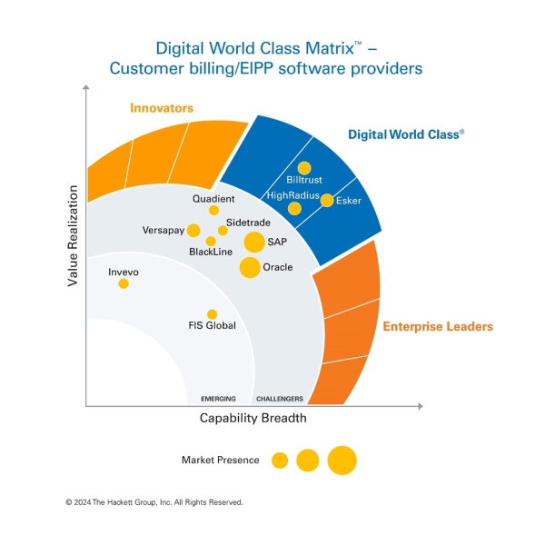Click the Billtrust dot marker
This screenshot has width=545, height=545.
tap(304, 168)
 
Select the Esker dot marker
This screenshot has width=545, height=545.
tap(327, 200)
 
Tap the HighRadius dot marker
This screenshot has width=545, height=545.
tap(294, 209)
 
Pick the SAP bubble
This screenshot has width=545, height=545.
tap(255, 243)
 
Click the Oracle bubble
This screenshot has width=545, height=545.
tap(249, 268)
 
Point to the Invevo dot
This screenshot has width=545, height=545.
tap(124, 283)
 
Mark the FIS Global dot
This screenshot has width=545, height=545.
tap(212, 314)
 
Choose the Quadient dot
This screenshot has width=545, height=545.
tap(214, 210)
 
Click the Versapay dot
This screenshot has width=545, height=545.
tap(193, 230)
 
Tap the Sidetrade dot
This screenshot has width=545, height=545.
tap(223, 230)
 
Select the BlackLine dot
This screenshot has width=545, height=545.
tap(211, 241)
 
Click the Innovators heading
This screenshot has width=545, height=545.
tap(162, 108)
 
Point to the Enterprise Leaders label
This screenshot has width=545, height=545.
tap(437, 326)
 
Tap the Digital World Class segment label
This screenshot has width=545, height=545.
tap(406, 134)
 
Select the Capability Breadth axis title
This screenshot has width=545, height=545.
tap(253, 419)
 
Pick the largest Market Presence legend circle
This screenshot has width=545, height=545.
tap(342, 461)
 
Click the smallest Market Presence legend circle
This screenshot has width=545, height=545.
tap(280, 461)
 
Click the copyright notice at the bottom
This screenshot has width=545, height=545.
tap(154, 501)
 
